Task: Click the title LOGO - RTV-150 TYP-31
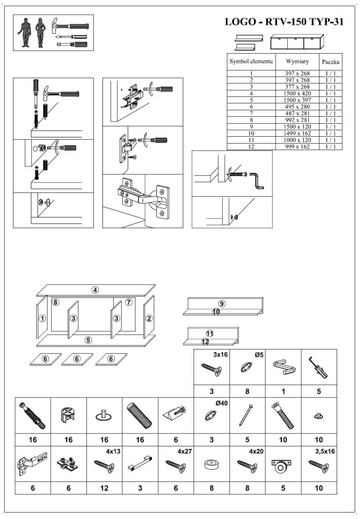pyautogui.click(x=284, y=22)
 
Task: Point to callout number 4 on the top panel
pyautogui.click(x=95, y=290)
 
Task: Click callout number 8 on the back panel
pyautogui.click(x=55, y=302)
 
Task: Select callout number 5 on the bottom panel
pyautogui.click(x=88, y=340)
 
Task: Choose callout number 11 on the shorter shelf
pyautogui.click(x=210, y=333)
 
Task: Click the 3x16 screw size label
pyautogui.click(x=220, y=355)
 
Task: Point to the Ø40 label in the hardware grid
pyautogui.click(x=222, y=403)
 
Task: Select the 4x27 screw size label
pyautogui.click(x=185, y=451)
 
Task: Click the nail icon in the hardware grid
pyautogui.click(x=247, y=414)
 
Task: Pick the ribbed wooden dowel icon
pyautogui.click(x=140, y=415)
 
